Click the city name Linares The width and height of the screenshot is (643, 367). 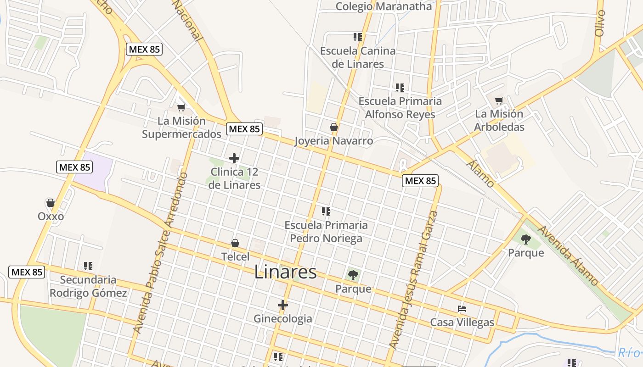pos(285,272)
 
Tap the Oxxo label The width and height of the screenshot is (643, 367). pos(51,216)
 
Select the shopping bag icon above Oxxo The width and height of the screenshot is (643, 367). pos(51,203)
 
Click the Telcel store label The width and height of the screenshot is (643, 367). pos(235,256)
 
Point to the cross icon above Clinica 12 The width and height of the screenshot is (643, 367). pos(234,159)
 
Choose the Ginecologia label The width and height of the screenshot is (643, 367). pos(282,318)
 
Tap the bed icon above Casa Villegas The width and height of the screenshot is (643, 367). pos(462,309)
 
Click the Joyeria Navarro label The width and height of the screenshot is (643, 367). pos(333,141)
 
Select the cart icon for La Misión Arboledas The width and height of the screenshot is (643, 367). pos(499,100)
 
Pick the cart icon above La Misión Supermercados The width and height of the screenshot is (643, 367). pos(181,108)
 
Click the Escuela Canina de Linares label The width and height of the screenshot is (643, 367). pos(358,57)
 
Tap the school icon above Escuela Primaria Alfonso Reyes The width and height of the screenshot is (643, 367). pos(400,87)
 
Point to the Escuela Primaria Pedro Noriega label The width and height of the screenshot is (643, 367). pos(326,232)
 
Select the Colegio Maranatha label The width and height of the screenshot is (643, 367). pos(384,6)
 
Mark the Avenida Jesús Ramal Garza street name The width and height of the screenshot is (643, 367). pos(413,280)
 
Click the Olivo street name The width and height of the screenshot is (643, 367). pos(600,23)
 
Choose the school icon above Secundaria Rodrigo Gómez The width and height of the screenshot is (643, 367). pos(88,266)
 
